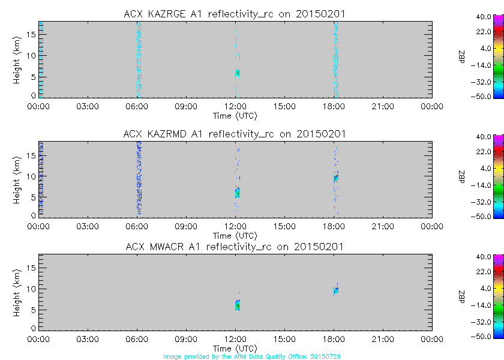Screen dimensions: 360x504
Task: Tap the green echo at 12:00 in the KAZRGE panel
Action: point(237,73)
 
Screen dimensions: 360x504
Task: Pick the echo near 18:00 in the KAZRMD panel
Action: point(336,178)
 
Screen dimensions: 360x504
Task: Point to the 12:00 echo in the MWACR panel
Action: point(237,305)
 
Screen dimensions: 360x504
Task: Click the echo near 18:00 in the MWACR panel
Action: point(336,290)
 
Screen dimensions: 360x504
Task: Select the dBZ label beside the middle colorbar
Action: point(461,176)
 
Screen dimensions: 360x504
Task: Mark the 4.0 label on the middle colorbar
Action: point(485,169)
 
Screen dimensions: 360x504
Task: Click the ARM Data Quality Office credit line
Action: point(252,356)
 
